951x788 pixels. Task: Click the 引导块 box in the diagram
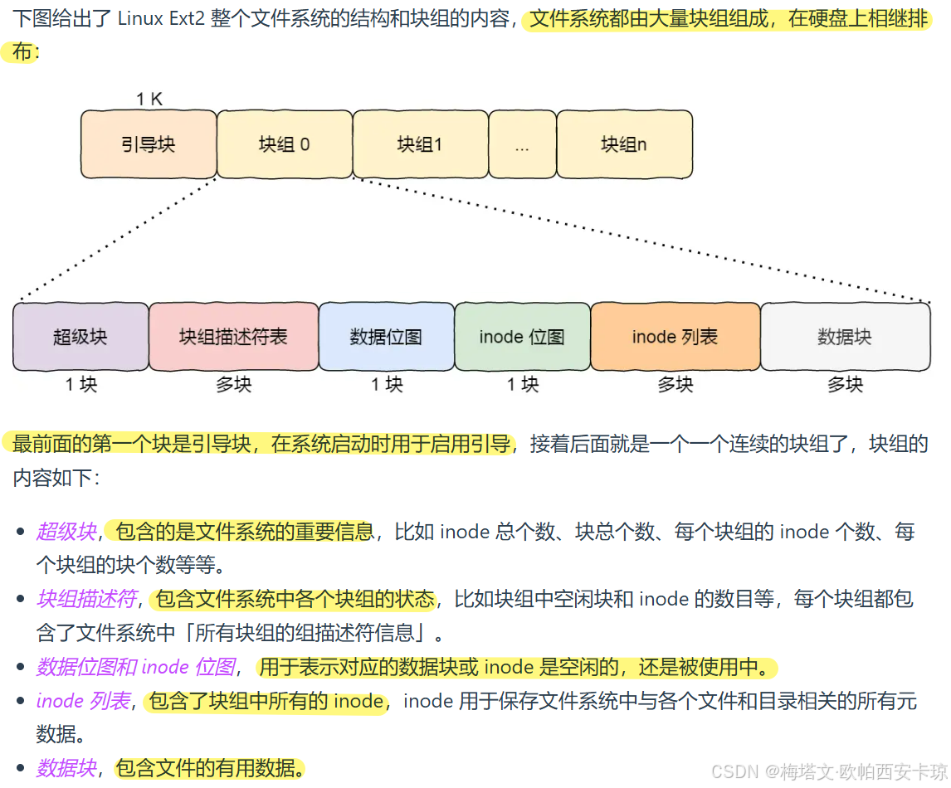click(149, 144)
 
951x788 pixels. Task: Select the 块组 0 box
click(285, 144)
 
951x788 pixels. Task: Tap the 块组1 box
click(420, 144)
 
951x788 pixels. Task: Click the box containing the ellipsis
click(522, 144)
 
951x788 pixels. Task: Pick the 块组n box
click(624, 144)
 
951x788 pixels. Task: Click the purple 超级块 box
click(80, 337)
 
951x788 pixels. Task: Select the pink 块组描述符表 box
click(233, 337)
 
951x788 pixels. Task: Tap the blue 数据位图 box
click(386, 337)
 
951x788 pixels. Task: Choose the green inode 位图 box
click(522, 337)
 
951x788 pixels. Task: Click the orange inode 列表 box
click(675, 337)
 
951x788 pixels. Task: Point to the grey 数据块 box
click(845, 337)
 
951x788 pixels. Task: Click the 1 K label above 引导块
click(149, 100)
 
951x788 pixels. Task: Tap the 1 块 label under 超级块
click(81, 385)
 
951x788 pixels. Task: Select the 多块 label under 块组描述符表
click(234, 385)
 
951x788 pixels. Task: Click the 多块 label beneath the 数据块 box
click(845, 385)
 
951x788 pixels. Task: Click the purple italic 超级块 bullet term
click(66, 532)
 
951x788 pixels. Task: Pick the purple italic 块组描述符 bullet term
click(85, 599)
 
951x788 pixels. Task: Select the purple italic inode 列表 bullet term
click(83, 701)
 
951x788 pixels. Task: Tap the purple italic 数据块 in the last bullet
click(66, 768)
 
